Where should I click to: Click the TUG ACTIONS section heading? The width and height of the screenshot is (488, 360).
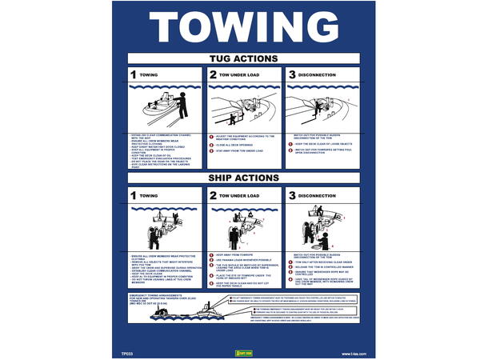coord(244,58)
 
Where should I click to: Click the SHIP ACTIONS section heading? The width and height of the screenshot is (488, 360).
coord(244,177)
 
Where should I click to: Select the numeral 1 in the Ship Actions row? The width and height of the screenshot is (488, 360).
coord(134,194)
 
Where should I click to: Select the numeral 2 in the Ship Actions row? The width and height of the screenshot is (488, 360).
coord(213,194)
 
